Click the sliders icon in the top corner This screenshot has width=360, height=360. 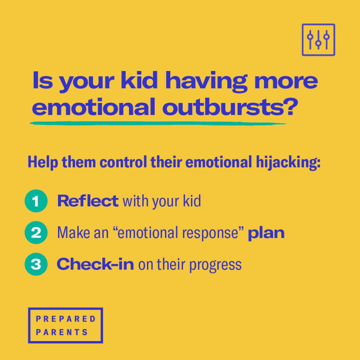coord(318,39)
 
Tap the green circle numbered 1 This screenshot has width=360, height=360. coord(36,201)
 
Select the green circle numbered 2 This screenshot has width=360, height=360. coord(36,232)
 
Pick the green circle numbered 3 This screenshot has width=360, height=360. coord(36,264)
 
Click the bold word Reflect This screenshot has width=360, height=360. coord(88,200)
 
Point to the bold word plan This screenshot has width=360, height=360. coord(266,233)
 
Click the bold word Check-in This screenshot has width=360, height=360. coord(95,264)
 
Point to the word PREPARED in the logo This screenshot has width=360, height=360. coord(66,319)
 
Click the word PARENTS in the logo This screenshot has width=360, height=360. coord(62,332)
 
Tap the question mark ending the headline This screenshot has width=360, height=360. coord(291,107)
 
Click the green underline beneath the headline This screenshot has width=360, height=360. coord(160,123)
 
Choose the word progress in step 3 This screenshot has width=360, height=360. coord(216,265)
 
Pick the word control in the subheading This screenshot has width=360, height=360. coord(123,162)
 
